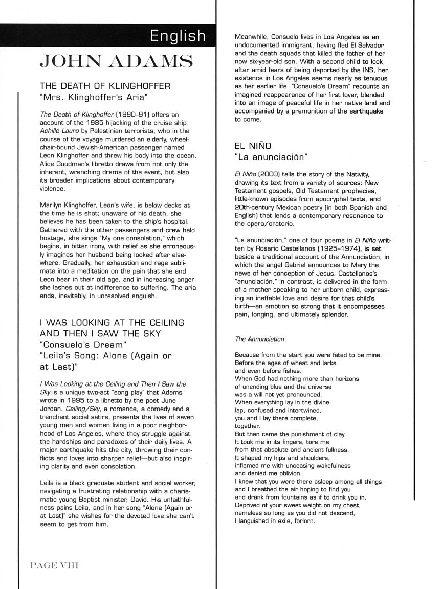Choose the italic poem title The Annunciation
pyautogui.click(x=259, y=339)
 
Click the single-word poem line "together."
pyautogui.click(x=248, y=426)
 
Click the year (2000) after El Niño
pyautogui.click(x=270, y=176)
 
